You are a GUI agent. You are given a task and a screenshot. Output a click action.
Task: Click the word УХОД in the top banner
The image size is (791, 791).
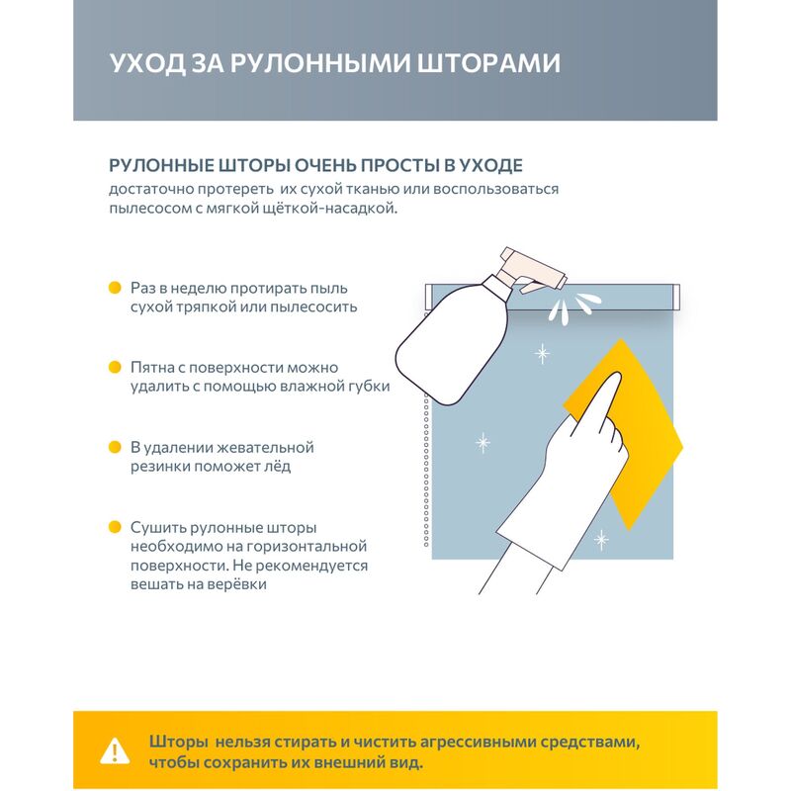(147, 63)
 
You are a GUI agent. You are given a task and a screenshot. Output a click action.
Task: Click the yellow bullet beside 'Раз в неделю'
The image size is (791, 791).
(115, 288)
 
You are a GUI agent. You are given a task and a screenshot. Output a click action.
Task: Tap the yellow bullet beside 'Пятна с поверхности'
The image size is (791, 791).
(115, 367)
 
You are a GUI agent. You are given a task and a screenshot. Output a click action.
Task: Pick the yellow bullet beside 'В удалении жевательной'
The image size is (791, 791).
(115, 447)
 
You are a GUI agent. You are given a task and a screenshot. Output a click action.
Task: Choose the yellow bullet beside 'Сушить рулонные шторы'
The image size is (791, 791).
(115, 527)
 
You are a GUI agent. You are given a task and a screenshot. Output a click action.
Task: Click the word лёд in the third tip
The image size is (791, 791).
(278, 466)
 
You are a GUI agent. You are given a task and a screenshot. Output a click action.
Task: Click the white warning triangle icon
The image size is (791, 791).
(115, 751)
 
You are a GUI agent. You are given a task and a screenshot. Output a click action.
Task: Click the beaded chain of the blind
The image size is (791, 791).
(426, 429)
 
